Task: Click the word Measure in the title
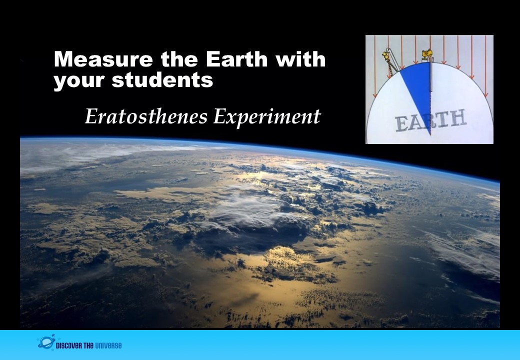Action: [103, 59]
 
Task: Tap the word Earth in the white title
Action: [236, 59]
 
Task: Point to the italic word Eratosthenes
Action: [146, 116]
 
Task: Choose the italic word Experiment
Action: [267, 117]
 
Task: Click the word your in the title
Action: [79, 81]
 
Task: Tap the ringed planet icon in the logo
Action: [46, 343]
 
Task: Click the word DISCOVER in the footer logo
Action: [69, 345]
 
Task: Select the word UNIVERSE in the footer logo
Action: [108, 345]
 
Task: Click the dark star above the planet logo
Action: [52, 335]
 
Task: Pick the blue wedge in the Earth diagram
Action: [418, 89]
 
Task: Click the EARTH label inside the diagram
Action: [430, 120]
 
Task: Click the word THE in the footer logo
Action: [88, 345]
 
